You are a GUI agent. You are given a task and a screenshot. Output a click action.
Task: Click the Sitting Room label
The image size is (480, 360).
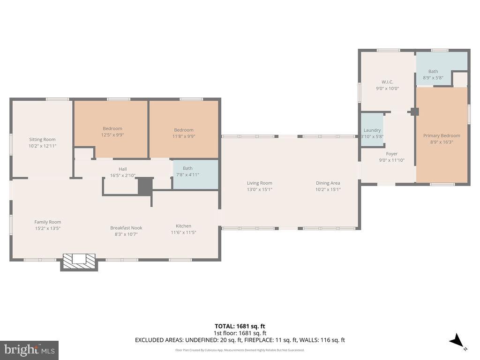click(42, 139)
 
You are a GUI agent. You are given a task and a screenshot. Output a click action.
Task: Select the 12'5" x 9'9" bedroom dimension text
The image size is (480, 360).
click(112, 135)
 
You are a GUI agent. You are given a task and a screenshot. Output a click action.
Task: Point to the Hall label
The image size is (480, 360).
click(122, 169)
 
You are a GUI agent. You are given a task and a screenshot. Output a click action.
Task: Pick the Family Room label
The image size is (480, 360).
click(47, 222)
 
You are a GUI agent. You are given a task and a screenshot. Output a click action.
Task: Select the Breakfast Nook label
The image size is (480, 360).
click(126, 228)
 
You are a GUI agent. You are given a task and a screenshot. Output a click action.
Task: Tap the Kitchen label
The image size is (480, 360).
click(183, 226)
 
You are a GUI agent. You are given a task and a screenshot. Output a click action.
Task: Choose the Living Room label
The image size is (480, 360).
click(260, 183)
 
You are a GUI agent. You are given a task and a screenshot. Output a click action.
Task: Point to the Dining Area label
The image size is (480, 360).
click(328, 183)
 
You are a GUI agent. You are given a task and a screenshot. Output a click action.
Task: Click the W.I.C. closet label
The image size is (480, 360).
click(387, 82)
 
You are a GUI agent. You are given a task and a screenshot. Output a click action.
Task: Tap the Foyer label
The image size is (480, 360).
click(391, 154)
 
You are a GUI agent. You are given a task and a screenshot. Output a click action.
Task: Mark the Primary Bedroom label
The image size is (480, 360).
click(442, 135)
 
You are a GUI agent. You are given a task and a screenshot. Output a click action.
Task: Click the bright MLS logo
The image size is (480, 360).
click(29, 350)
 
